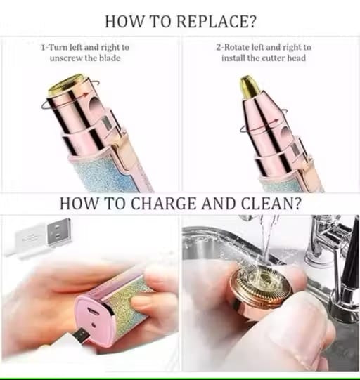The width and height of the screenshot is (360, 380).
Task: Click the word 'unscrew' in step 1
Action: click(69, 58)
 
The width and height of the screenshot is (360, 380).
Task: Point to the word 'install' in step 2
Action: click(236, 58)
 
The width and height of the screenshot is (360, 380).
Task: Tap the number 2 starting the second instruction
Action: click(218, 47)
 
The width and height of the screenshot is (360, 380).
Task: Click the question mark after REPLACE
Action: click(251, 20)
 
